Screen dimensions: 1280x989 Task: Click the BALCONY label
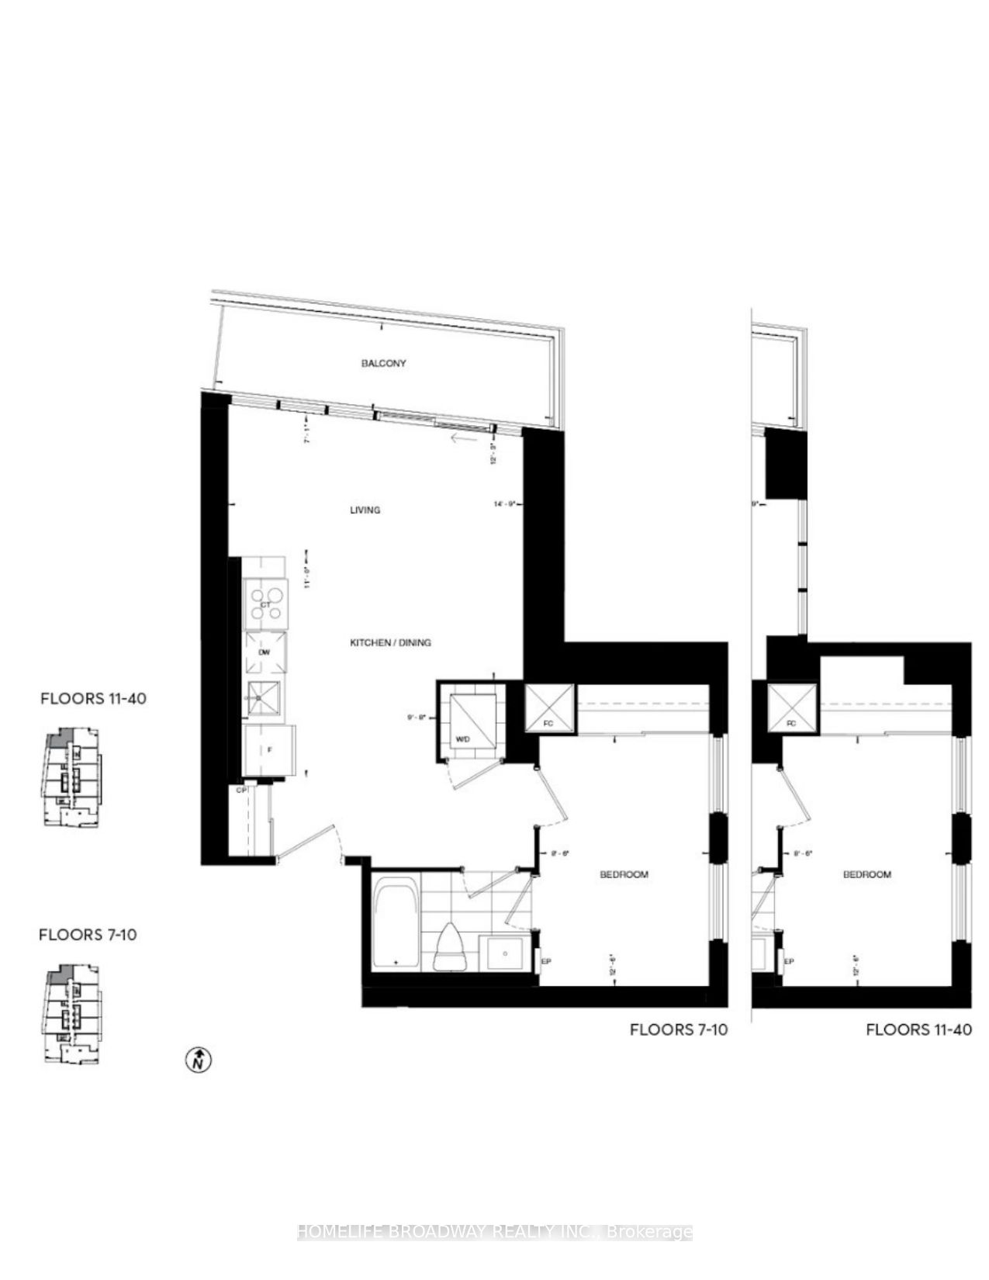pyautogui.click(x=383, y=363)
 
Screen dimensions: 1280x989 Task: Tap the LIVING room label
pyautogui.click(x=365, y=510)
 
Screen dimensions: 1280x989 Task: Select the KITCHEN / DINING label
pyautogui.click(x=390, y=642)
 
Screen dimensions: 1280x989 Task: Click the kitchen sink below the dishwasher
pyautogui.click(x=265, y=698)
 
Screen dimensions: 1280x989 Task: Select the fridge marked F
pyautogui.click(x=268, y=750)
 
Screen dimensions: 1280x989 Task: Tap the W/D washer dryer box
pyautogui.click(x=471, y=718)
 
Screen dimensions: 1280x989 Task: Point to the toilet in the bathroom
pyautogui.click(x=450, y=946)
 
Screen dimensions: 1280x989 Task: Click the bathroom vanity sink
pyautogui.click(x=506, y=952)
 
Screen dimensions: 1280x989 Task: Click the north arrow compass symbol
pyautogui.click(x=199, y=1059)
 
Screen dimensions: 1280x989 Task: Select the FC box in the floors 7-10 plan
pyautogui.click(x=550, y=707)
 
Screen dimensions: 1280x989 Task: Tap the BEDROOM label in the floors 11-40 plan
pyautogui.click(x=867, y=874)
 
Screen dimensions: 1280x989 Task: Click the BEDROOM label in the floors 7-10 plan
pyautogui.click(x=624, y=874)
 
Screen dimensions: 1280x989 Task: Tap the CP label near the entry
pyautogui.click(x=241, y=790)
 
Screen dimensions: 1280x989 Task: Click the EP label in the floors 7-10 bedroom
pyautogui.click(x=545, y=961)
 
